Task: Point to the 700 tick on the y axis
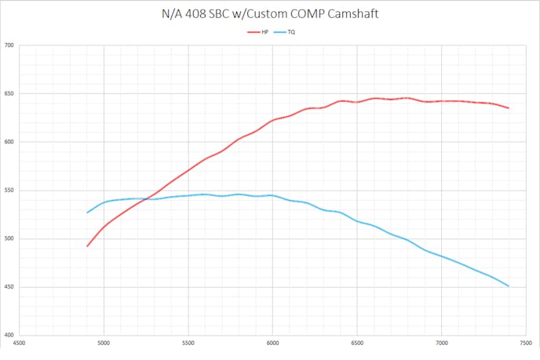pos(9,45)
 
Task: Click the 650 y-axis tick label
pos(9,94)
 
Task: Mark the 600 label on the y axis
pos(9,142)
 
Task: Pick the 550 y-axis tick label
pos(9,191)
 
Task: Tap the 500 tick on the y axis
pos(9,238)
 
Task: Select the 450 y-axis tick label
pos(9,287)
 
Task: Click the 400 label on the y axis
pos(9,335)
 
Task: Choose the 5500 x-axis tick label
pos(188,343)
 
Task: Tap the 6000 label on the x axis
pos(272,343)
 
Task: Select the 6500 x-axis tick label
pos(357,343)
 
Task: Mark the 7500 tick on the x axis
pos(525,343)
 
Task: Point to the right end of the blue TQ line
pos(509,286)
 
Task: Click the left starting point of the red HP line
pos(87,246)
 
